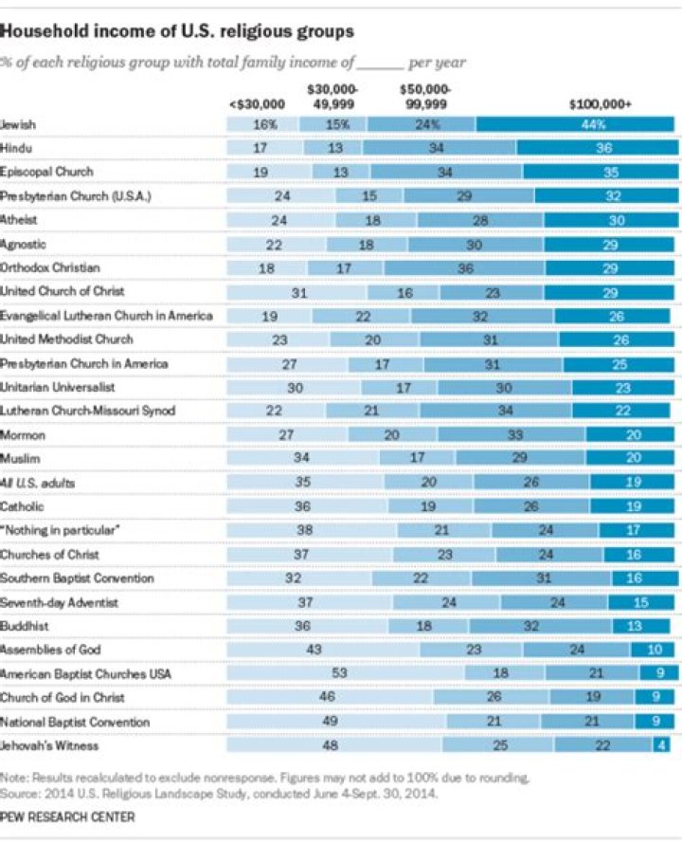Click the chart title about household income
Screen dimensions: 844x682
[178, 31]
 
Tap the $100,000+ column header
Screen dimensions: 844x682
[599, 104]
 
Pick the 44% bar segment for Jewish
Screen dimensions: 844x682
[578, 124]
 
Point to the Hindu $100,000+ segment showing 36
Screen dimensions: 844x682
[599, 148]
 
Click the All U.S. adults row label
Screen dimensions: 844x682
[38, 483]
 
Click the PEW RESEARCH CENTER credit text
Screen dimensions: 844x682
[67, 816]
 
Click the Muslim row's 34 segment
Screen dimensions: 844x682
[302, 459]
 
